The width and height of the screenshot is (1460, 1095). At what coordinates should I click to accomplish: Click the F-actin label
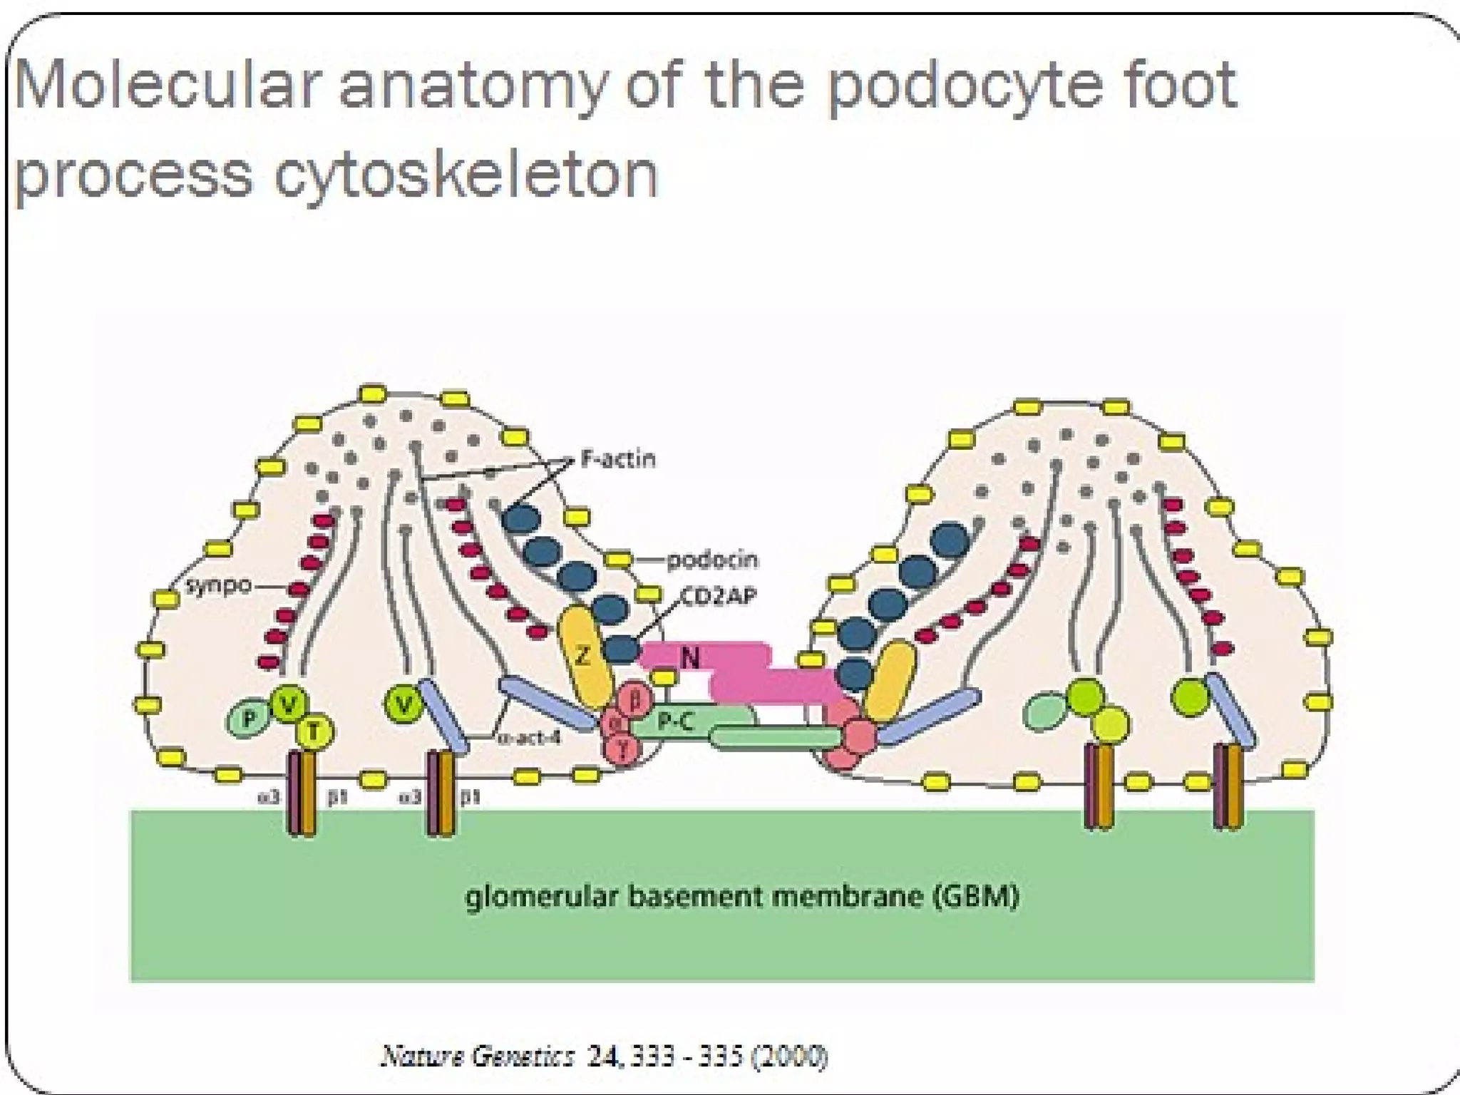click(x=617, y=458)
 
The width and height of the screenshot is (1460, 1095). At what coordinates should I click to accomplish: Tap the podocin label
click(x=711, y=560)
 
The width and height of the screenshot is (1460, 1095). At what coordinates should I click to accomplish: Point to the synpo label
click(x=218, y=586)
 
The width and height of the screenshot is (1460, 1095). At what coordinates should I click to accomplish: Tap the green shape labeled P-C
click(x=674, y=721)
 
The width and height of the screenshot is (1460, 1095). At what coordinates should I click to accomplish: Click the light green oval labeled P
click(x=248, y=719)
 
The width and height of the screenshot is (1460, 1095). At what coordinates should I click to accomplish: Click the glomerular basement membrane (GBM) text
click(x=741, y=895)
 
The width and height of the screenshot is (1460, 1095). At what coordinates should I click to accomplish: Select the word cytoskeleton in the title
click(x=466, y=175)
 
